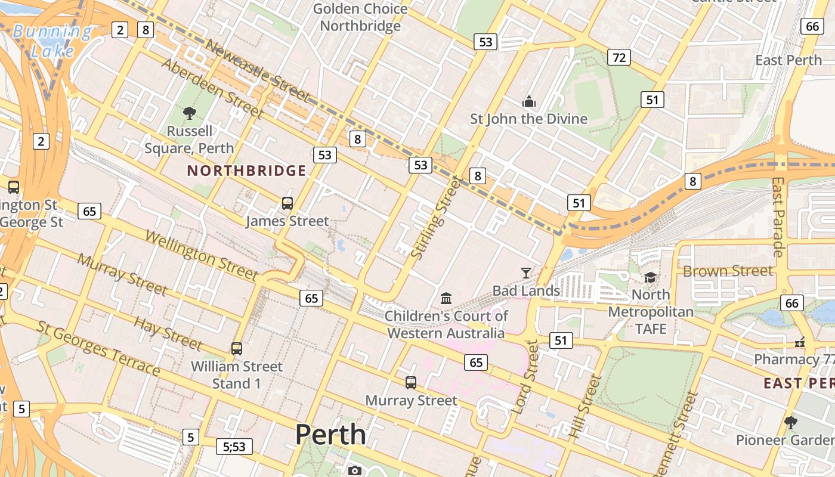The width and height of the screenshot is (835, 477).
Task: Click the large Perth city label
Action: [330, 435]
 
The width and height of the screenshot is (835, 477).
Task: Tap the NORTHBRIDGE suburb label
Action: [246, 171]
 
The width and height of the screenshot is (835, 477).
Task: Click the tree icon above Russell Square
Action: [190, 112]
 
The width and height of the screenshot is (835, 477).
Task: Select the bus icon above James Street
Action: [287, 203]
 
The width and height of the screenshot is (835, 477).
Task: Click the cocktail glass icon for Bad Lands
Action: [525, 273]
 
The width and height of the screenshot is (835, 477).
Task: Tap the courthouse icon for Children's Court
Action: [446, 298]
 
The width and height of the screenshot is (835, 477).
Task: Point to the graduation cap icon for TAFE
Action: [650, 277]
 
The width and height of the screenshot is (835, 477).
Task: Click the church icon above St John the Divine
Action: [528, 101]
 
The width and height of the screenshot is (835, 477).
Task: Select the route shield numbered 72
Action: [619, 57]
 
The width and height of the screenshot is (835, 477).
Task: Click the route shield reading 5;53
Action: [234, 446]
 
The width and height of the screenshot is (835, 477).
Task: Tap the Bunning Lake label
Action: [52, 41]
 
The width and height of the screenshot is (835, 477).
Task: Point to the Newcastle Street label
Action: [258, 73]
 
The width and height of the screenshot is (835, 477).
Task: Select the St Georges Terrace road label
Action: [98, 348]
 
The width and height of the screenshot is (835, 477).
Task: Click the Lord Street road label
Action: [525, 377]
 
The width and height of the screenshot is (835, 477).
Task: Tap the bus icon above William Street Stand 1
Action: [237, 348]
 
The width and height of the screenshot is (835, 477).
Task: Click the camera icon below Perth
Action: [355, 470]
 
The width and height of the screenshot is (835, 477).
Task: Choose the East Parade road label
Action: [778, 216]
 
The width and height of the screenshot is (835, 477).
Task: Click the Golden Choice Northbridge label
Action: [360, 17]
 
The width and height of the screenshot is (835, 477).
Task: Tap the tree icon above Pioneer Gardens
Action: [791, 422]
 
